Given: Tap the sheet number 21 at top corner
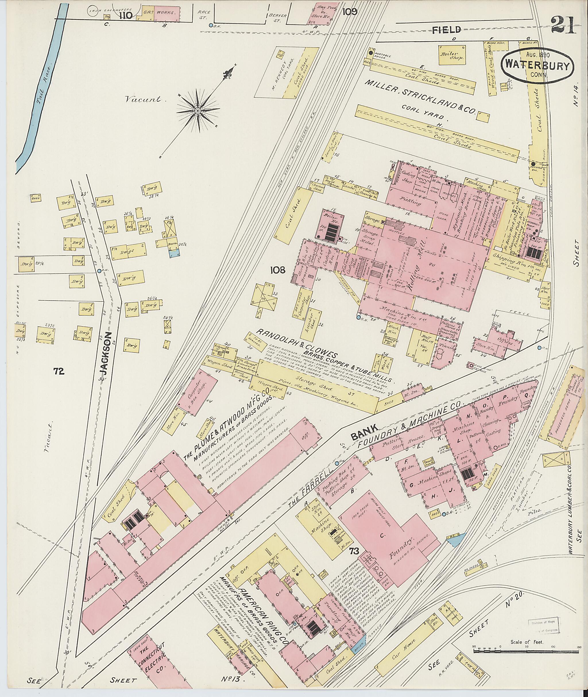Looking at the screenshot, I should (x=563, y=26).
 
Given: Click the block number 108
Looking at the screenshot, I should (x=278, y=270).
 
